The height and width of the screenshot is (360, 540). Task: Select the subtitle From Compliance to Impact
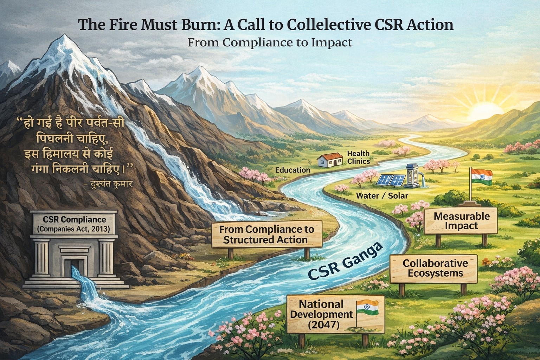270,43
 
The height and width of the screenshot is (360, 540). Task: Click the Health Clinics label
359,157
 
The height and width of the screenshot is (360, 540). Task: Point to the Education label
292,170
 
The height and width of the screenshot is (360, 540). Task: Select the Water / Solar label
382,196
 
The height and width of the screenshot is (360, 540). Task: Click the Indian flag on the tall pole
482,177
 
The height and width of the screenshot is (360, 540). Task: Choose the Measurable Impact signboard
461,221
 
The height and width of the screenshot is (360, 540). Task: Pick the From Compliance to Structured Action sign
266,234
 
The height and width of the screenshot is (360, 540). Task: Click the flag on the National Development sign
367,307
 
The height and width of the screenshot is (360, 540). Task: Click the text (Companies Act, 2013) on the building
73,229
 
